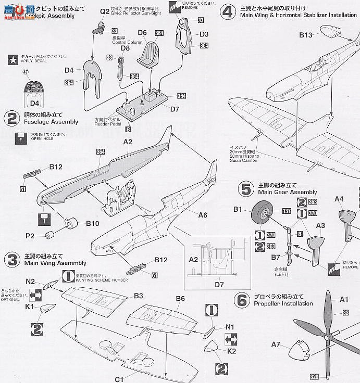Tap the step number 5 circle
coord(246,188)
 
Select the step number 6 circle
coord(241,300)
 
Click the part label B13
coord(305,35)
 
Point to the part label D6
coord(142,33)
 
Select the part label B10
coord(92,223)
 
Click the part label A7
coord(276,344)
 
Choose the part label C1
coord(119,379)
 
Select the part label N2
coord(31,282)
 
